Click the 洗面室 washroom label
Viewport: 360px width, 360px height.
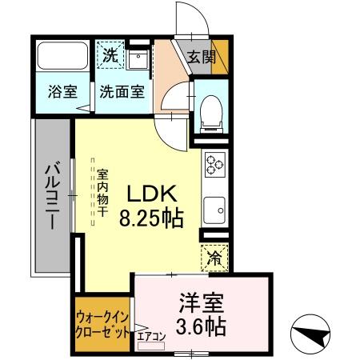pos(122,91)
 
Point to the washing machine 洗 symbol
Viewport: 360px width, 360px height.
pos(110,56)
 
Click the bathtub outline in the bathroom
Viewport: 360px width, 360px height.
pos(62,56)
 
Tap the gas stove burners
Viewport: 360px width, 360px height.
pos(214,165)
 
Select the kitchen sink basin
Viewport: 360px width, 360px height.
pos(215,210)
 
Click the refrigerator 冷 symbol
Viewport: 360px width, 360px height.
pos(214,258)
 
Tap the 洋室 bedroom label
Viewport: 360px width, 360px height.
pos(201,303)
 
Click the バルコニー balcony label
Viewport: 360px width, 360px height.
pos(50,195)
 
